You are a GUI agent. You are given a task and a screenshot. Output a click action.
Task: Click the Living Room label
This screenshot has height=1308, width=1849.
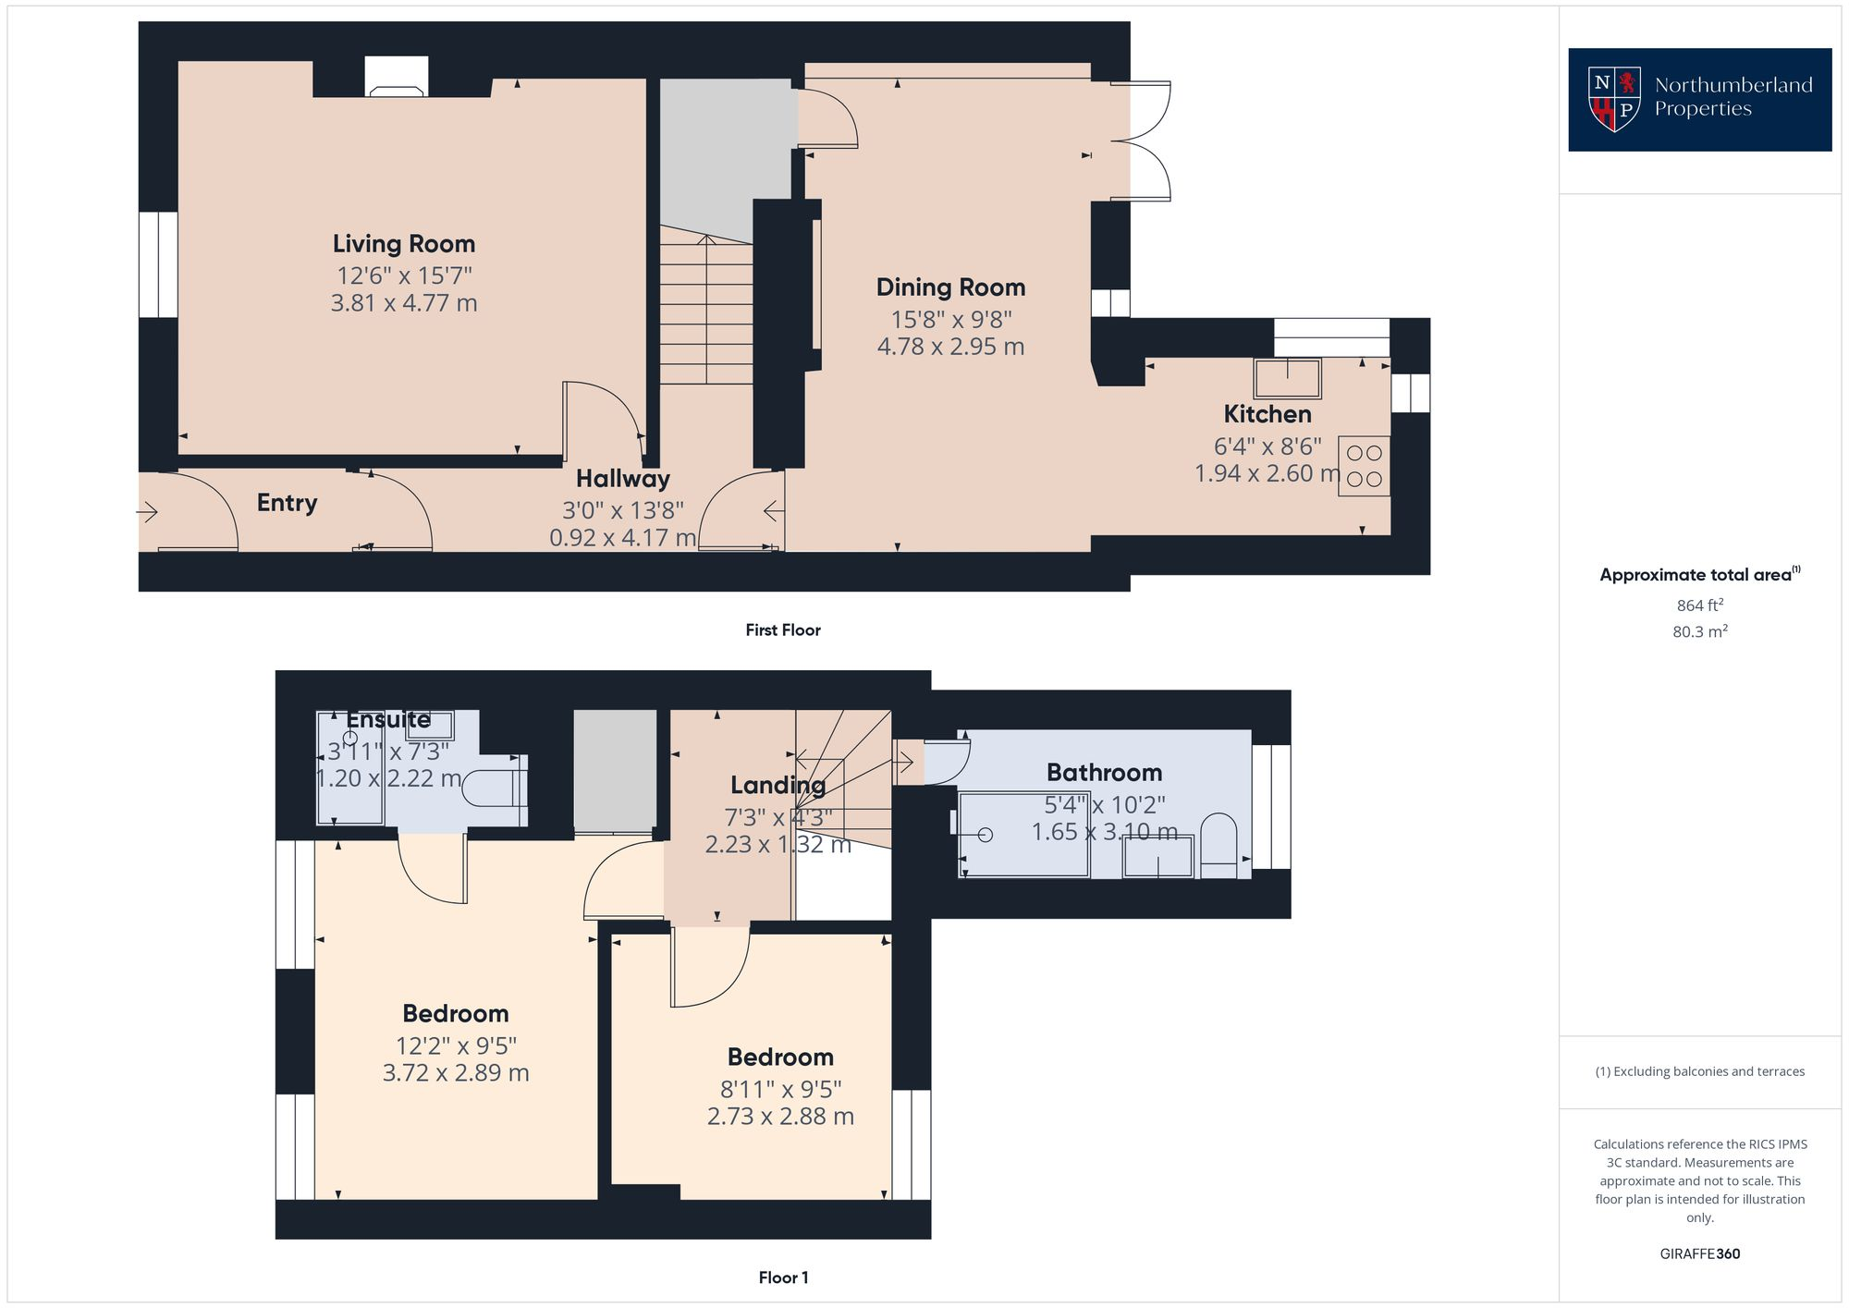[x=404, y=244]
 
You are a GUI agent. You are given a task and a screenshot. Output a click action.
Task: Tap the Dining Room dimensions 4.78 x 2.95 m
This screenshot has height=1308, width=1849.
[x=950, y=347]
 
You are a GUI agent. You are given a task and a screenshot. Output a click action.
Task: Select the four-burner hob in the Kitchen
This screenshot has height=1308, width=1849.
[x=1364, y=466]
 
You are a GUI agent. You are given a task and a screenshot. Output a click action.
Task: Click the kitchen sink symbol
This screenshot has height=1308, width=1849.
[x=1287, y=378]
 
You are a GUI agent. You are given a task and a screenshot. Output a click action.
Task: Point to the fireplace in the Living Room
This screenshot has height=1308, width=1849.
[x=397, y=78]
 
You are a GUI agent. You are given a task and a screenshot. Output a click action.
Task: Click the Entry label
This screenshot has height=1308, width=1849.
[x=287, y=503]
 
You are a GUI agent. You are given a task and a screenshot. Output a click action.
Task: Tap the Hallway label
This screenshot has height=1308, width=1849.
[x=622, y=479]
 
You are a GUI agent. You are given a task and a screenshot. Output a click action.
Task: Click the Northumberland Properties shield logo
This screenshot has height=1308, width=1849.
[x=1613, y=99]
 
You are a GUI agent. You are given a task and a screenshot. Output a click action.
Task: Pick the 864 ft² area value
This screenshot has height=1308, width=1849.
[x=1699, y=605]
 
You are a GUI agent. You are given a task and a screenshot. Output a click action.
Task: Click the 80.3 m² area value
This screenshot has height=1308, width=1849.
[x=1699, y=632]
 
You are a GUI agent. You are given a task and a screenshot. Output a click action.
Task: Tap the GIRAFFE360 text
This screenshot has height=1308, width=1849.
[x=1699, y=1253]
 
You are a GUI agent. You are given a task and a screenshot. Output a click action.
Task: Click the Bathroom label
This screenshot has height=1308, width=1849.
[x=1104, y=773]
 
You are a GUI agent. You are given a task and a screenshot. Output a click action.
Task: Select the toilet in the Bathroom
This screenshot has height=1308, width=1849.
[x=1218, y=844]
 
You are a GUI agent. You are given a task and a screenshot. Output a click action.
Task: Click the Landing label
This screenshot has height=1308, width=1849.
[x=778, y=786]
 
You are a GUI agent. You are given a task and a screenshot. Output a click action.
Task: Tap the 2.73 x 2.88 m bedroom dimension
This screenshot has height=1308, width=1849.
[x=780, y=1117]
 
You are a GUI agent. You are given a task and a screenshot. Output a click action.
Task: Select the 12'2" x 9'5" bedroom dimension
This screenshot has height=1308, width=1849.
[x=456, y=1045]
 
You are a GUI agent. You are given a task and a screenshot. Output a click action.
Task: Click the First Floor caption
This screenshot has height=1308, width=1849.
[x=783, y=630]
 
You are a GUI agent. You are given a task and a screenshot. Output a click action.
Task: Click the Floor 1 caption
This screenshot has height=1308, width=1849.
[x=783, y=1277]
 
